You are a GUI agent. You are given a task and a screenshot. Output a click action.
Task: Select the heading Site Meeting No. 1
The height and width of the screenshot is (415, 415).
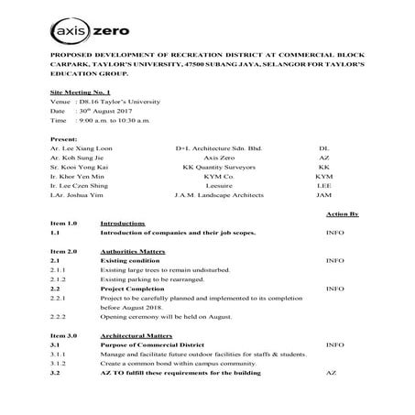pyautogui.click(x=76, y=94)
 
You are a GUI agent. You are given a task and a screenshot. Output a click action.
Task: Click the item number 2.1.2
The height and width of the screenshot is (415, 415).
pyautogui.click(x=58, y=281)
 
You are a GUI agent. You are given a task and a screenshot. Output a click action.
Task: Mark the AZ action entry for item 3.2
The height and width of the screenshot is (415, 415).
pyautogui.click(x=332, y=374)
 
